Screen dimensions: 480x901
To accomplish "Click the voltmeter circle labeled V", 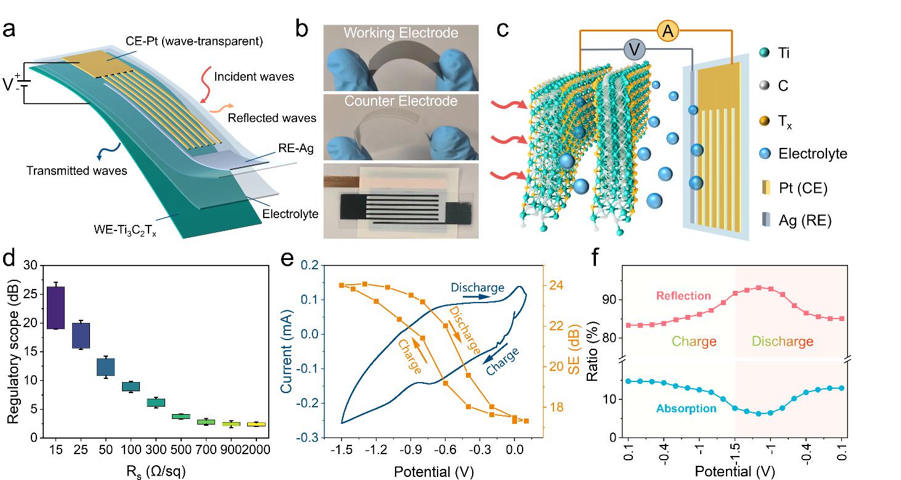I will pyautogui.click(x=635, y=49).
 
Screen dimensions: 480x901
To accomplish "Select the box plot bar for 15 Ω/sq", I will pyautogui.click(x=55, y=307).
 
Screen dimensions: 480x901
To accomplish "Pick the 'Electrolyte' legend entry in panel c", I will pyautogui.click(x=813, y=153).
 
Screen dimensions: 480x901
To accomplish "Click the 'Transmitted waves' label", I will pyautogui.click(x=77, y=171).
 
